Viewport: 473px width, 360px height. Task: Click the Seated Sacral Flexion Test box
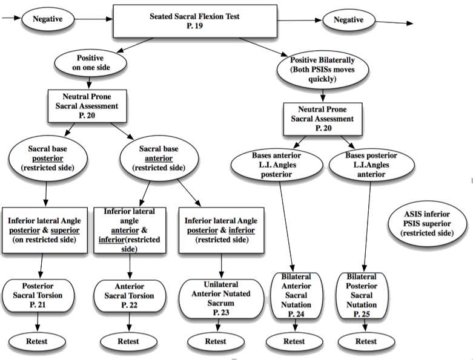click(x=195, y=21)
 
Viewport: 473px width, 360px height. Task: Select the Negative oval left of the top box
click(x=48, y=19)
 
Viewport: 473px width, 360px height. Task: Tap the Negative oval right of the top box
click(x=348, y=20)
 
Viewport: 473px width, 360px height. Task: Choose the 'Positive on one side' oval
click(x=90, y=63)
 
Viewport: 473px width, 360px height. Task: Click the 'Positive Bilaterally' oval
click(x=322, y=70)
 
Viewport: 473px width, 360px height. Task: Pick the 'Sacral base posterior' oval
click(x=48, y=158)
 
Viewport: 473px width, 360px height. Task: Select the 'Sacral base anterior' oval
click(x=159, y=158)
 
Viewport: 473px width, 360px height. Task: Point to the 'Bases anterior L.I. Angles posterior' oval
click(x=277, y=165)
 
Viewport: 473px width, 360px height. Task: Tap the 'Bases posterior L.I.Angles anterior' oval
click(x=371, y=165)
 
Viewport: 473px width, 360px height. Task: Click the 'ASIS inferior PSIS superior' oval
click(x=427, y=223)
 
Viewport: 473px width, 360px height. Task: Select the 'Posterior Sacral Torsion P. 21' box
click(x=38, y=296)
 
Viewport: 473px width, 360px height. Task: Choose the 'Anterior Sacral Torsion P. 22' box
click(x=130, y=296)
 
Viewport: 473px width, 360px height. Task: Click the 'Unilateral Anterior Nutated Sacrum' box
click(x=221, y=298)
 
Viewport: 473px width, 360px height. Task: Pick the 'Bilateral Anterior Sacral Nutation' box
click(x=296, y=295)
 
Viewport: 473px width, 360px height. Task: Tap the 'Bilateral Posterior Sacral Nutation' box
click(x=362, y=295)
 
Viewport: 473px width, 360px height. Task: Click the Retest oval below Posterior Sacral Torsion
click(x=37, y=342)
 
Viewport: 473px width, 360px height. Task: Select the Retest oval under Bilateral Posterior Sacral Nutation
click(x=366, y=342)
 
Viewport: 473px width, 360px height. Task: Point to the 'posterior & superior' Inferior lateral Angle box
click(x=45, y=230)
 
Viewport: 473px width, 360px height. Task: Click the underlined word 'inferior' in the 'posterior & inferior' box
click(x=242, y=231)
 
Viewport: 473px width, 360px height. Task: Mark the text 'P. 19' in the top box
click(x=194, y=26)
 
